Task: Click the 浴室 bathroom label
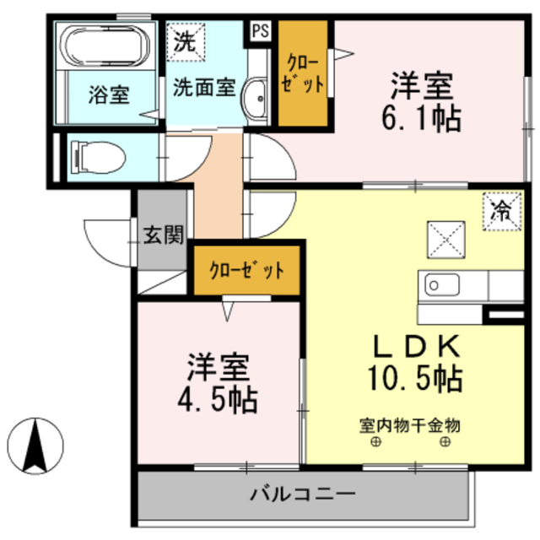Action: coord(109,94)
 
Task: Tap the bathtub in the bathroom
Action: coord(106,49)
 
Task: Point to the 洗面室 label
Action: coord(203,87)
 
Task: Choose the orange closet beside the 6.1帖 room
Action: coord(303,73)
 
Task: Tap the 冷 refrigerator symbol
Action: coord(501,208)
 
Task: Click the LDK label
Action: coord(416,347)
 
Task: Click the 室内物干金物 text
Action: coord(410,424)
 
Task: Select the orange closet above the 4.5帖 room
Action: coord(246,271)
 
